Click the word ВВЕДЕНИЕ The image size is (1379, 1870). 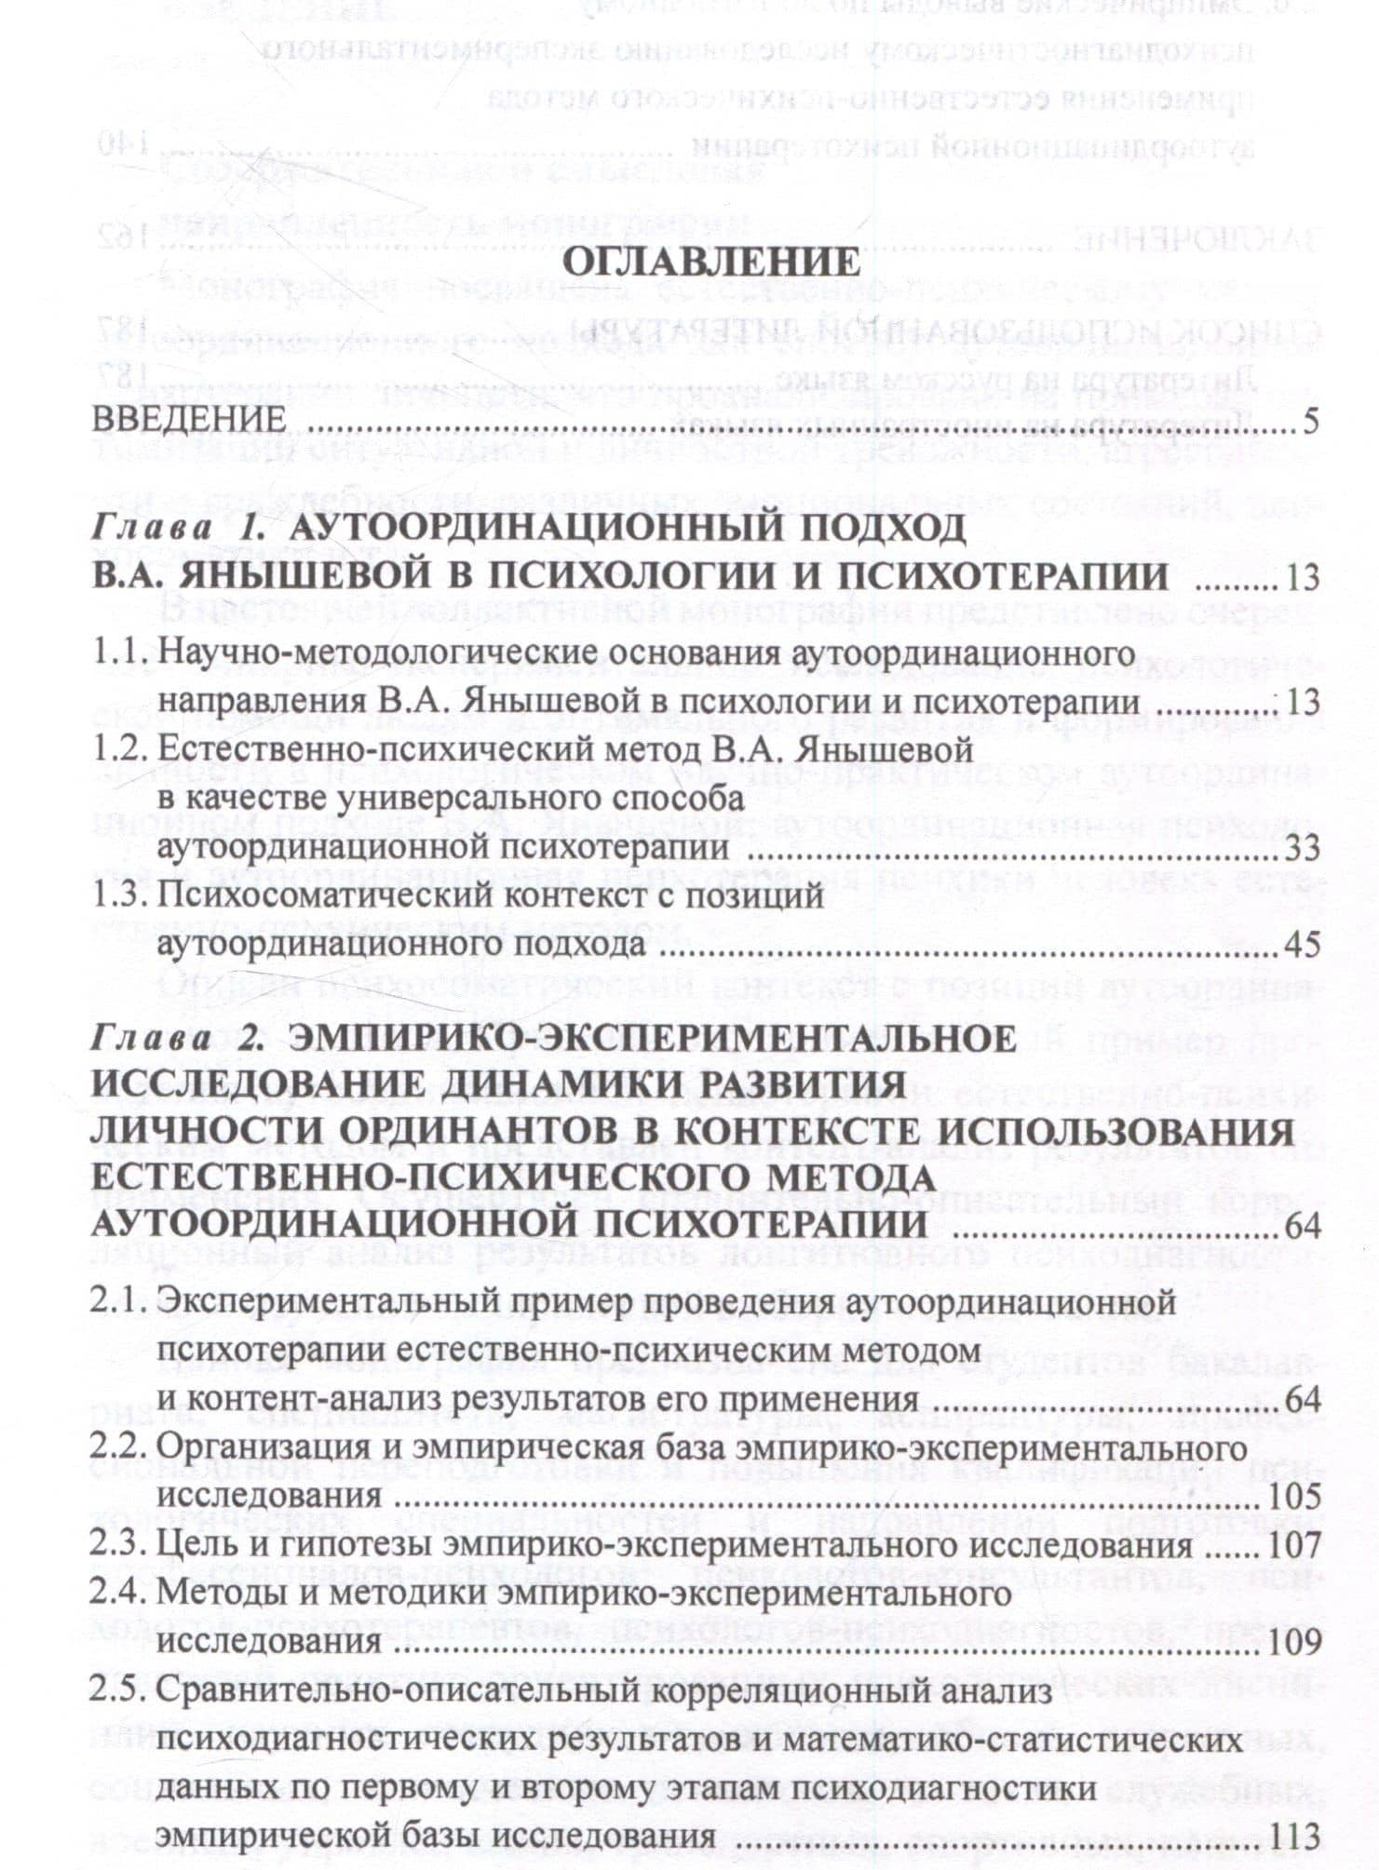pyautogui.click(x=188, y=420)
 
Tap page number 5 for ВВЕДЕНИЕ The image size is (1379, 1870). pyautogui.click(x=1311, y=422)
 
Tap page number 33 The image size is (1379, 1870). pyautogui.click(x=1302, y=848)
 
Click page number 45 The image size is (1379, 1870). pyautogui.click(x=1302, y=946)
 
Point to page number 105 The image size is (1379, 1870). pyautogui.click(x=1294, y=1496)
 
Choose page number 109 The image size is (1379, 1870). pyautogui.click(x=1294, y=1643)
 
